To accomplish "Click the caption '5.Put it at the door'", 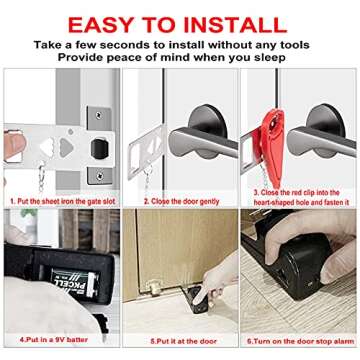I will tap(179, 340).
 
